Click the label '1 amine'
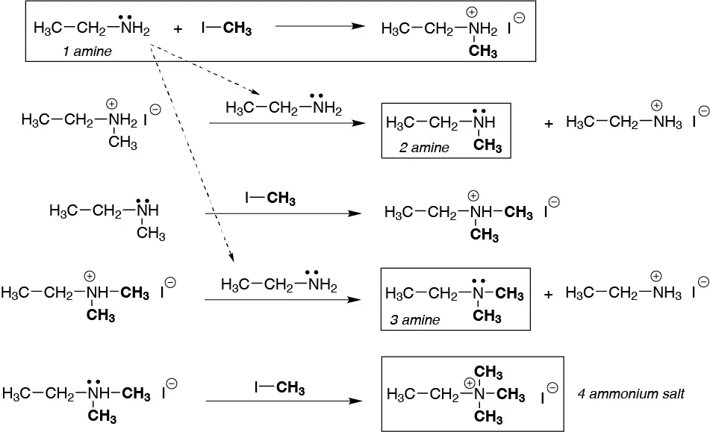(x=87, y=51)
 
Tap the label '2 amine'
(x=424, y=147)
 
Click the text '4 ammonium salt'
(x=632, y=392)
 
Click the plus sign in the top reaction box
(x=178, y=30)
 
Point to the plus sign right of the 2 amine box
(x=549, y=123)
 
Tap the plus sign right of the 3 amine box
(x=549, y=295)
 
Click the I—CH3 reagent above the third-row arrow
(x=270, y=198)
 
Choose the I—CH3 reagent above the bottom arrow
(x=279, y=387)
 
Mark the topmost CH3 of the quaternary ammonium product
(x=488, y=371)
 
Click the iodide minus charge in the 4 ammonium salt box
(x=552, y=387)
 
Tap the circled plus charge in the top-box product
(x=472, y=13)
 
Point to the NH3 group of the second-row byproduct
(x=667, y=123)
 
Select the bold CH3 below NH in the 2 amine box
(x=488, y=145)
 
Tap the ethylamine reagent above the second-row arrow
(x=283, y=108)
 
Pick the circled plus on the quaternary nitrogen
(x=470, y=383)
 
